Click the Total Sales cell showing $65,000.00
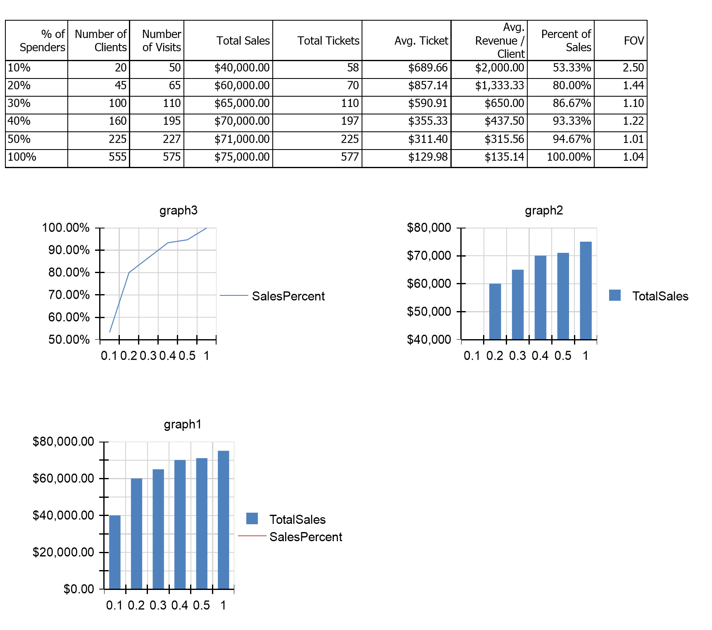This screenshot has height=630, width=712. (x=242, y=103)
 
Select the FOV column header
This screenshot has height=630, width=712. (x=634, y=40)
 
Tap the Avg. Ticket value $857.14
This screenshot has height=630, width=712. (x=428, y=86)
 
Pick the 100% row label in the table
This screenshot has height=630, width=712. (x=22, y=157)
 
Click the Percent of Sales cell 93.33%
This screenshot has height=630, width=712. (x=572, y=121)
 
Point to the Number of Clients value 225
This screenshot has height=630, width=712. (x=117, y=139)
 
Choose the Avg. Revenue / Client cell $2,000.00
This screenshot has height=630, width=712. (x=500, y=68)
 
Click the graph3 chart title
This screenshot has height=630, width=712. (x=179, y=211)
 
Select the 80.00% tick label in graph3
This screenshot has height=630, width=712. (x=69, y=273)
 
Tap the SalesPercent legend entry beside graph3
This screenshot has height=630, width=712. (x=288, y=296)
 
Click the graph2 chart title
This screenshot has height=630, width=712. (x=544, y=211)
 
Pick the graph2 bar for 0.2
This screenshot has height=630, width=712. (x=495, y=311)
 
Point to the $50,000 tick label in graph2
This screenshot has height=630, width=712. (x=429, y=311)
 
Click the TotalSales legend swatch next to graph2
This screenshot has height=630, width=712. (x=615, y=295)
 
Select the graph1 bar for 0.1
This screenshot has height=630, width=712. (x=115, y=552)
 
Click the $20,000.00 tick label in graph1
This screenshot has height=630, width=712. (x=63, y=552)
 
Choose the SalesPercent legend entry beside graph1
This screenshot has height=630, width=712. (x=305, y=537)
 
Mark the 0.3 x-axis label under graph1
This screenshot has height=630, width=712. (x=158, y=606)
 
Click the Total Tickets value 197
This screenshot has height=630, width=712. (x=350, y=121)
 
